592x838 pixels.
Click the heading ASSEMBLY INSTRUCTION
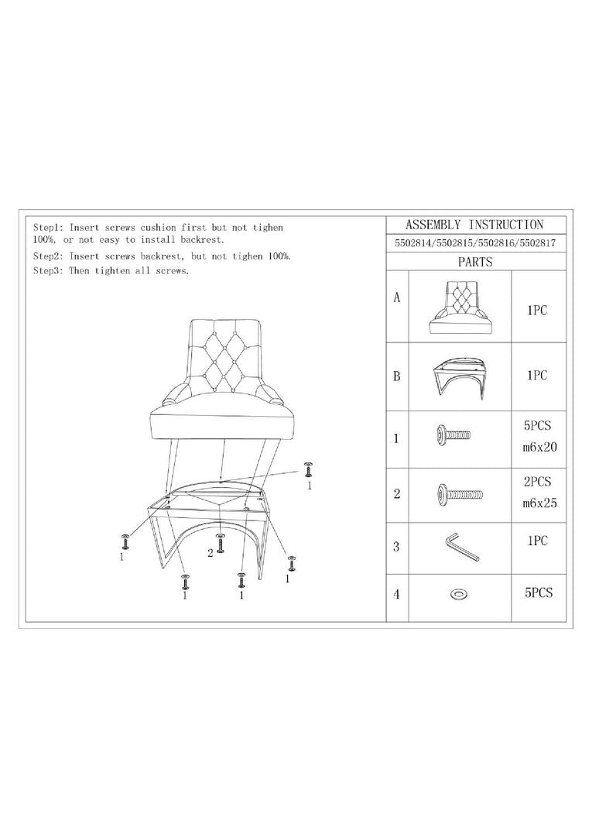pyautogui.click(x=474, y=225)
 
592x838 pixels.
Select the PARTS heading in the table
pyautogui.click(x=475, y=262)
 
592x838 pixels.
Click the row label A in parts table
pyautogui.click(x=397, y=297)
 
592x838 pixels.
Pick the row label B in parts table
pyautogui.click(x=397, y=376)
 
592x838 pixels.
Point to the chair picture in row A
pyautogui.click(x=460, y=307)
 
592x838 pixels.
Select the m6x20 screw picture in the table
pyautogui.click(x=453, y=434)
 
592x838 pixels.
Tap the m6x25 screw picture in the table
pyautogui.click(x=460, y=494)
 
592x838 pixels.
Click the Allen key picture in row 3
pyautogui.click(x=460, y=547)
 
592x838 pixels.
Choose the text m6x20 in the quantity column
pyautogui.click(x=539, y=448)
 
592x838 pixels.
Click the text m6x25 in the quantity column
pyautogui.click(x=539, y=503)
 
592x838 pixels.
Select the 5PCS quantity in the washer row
pyautogui.click(x=538, y=592)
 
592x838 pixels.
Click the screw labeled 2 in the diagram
pyautogui.click(x=220, y=543)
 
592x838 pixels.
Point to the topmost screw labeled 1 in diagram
pyautogui.click(x=308, y=470)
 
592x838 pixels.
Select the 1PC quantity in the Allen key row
pyautogui.click(x=538, y=541)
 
